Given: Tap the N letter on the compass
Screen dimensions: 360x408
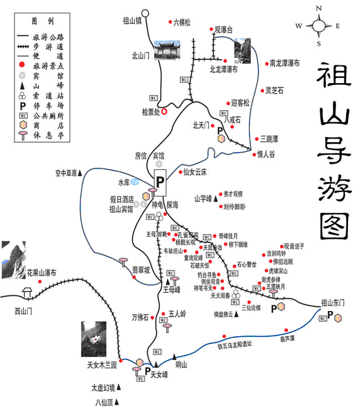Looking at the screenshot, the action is click(319, 8).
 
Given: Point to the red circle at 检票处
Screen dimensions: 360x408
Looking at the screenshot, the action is click(164, 111).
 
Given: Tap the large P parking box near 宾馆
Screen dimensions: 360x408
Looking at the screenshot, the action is click(160, 180).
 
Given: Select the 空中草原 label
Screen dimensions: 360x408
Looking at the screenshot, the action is click(65, 173).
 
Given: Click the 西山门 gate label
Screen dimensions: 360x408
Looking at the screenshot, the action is click(23, 310).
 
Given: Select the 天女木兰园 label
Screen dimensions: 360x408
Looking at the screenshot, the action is click(102, 365).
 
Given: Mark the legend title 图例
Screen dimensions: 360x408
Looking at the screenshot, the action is click(46, 21).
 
